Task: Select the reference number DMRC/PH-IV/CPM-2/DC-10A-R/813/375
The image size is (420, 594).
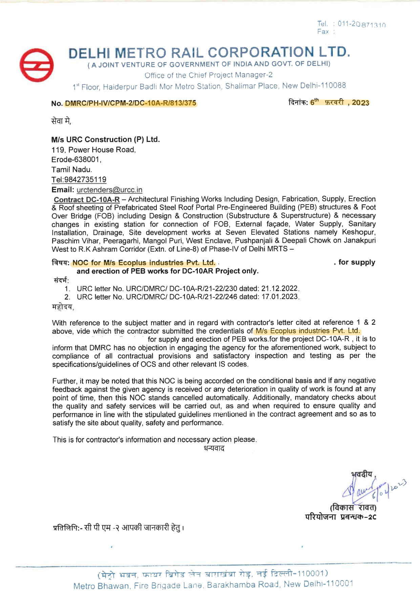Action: point(130,103)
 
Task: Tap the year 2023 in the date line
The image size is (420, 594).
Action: point(360,103)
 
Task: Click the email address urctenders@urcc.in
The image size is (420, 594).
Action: point(109,190)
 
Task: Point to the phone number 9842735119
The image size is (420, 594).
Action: point(85,179)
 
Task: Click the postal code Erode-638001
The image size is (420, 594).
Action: point(76,160)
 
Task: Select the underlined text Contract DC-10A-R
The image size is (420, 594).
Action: point(87,199)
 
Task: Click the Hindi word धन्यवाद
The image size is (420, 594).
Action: point(214,448)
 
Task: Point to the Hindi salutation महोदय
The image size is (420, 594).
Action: point(62,307)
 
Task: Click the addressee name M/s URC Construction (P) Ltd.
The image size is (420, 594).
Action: point(105,140)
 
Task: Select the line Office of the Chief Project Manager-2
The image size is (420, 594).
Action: point(209,75)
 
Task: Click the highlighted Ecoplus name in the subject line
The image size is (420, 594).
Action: point(144,262)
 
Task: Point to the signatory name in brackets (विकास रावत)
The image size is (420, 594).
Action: point(353,508)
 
